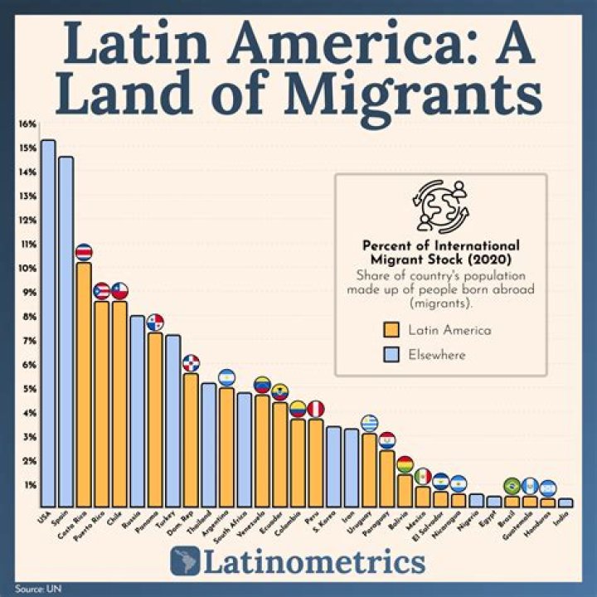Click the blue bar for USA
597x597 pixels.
click(x=48, y=323)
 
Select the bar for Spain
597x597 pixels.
click(x=66, y=332)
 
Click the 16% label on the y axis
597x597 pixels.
click(x=27, y=124)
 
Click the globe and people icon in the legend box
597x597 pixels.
click(x=440, y=206)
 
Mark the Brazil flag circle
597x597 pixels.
click(x=512, y=485)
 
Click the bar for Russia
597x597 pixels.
click(x=137, y=411)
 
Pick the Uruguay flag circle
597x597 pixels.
click(x=369, y=423)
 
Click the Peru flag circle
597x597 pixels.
click(x=315, y=408)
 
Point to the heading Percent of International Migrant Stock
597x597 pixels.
click(x=440, y=253)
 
